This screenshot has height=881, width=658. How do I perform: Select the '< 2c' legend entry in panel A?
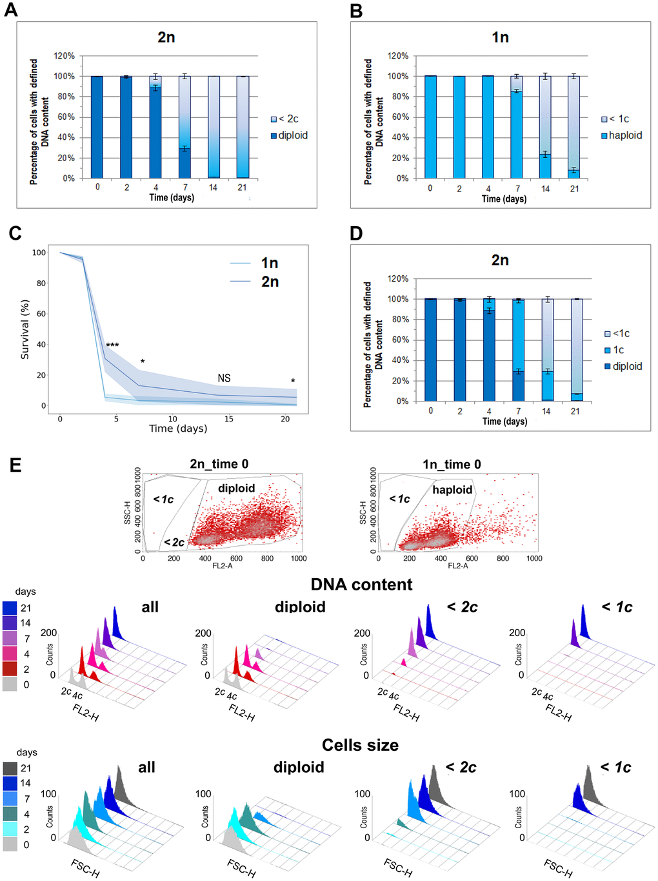[x=284, y=119]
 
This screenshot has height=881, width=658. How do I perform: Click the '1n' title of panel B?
[x=500, y=37]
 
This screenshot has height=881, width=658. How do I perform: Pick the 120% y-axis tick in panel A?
[x=65, y=56]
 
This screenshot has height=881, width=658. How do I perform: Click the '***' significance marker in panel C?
[x=112, y=346]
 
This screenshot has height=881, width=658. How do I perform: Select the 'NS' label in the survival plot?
[x=224, y=378]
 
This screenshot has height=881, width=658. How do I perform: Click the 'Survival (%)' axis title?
[x=25, y=329]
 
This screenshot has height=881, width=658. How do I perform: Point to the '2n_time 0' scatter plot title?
[x=219, y=464]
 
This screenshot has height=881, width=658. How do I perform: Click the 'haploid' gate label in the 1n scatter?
[x=452, y=490]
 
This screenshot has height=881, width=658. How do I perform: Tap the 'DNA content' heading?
[x=361, y=585]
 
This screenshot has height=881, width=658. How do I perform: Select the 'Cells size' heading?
[x=360, y=745]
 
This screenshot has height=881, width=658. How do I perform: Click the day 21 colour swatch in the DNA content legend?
[x=10, y=608]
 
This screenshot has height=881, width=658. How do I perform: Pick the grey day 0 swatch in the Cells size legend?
[x=10, y=844]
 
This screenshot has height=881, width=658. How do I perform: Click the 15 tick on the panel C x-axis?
[x=229, y=419]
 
